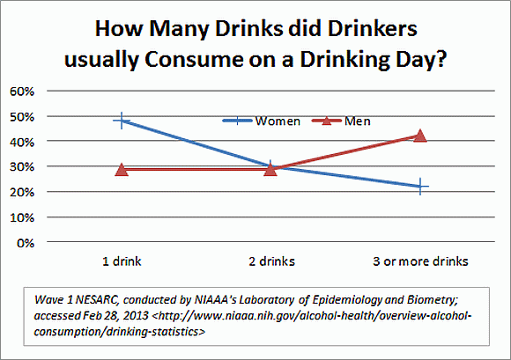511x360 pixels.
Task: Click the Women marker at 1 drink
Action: [x=122, y=121]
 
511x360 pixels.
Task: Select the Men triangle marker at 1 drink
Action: [x=122, y=169]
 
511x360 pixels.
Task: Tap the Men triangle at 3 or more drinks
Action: [x=420, y=136]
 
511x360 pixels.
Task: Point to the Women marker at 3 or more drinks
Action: [x=420, y=187]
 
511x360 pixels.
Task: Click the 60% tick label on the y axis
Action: [x=22, y=91]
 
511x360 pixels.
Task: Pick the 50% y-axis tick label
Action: [x=22, y=116]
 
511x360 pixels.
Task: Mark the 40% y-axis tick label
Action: [x=22, y=141]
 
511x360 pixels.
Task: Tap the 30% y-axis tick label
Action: [x=22, y=166]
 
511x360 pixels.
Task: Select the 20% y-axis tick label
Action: [x=22, y=192]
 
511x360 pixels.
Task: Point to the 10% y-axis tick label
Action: [x=22, y=217]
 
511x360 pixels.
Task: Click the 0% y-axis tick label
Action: [x=25, y=242]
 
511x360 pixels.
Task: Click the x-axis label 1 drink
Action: [x=122, y=261]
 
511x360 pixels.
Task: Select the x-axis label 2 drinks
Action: [x=271, y=261]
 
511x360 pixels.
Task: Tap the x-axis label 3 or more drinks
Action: [x=420, y=261]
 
